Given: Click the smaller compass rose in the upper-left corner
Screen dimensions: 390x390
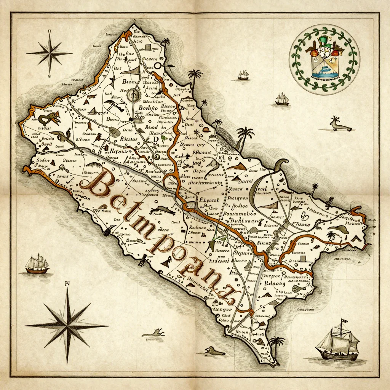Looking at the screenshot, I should (50, 52).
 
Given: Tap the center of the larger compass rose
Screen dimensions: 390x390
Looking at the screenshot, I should (67, 325).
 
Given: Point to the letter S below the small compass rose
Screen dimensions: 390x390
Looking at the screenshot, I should (49, 76).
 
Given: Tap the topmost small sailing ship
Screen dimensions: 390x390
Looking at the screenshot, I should (243, 75).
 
